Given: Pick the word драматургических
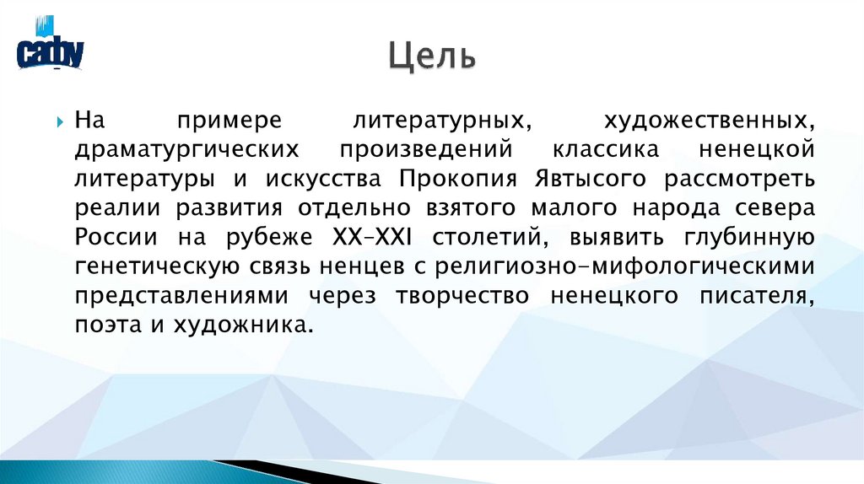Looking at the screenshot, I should coord(186,150).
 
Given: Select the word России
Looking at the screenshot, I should coord(108,238).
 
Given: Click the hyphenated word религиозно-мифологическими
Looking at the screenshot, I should coord(625,267).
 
